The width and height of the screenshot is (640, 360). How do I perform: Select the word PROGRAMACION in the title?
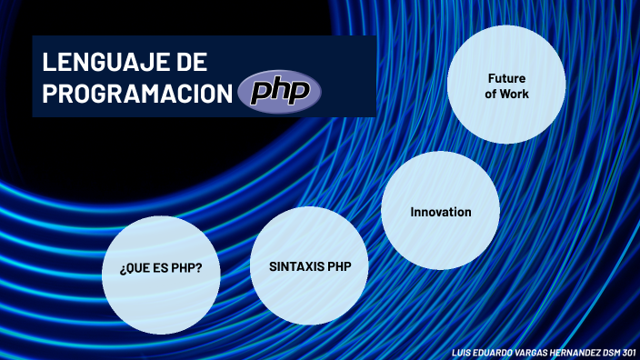coord(136,94)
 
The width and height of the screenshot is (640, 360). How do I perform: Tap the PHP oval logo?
coord(279,91)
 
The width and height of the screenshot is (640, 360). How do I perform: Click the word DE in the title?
coord(190,63)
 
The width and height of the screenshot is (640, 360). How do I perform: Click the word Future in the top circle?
coord(506,78)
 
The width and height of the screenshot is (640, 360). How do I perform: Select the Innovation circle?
coord(441,227)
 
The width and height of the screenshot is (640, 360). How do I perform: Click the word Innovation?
coord(441,212)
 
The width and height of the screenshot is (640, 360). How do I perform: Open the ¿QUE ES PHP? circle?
coord(161,286)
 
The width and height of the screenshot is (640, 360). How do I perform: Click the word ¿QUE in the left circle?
coord(134,269)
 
